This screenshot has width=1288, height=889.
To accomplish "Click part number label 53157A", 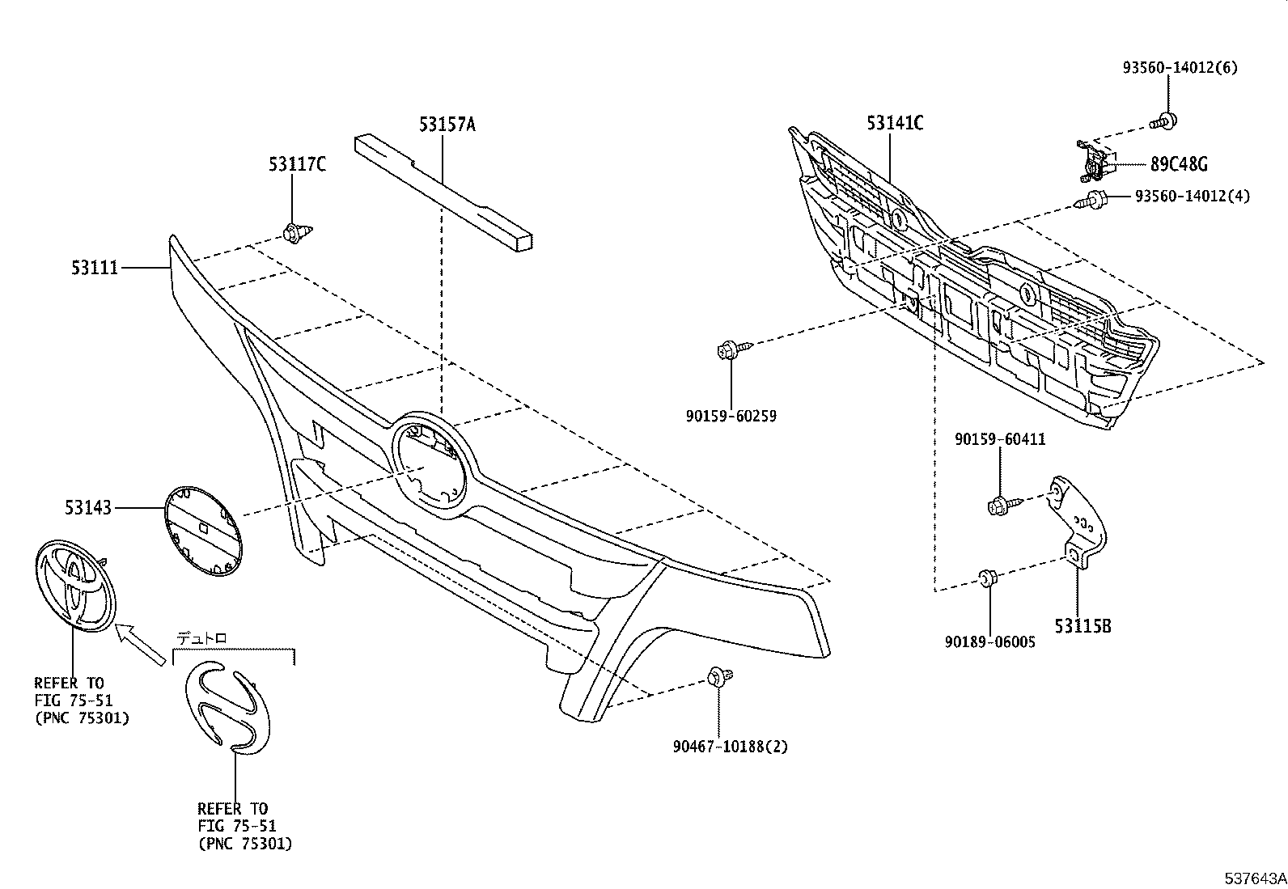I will pos(447,125).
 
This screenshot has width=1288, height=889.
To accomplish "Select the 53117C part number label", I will pos(297,165).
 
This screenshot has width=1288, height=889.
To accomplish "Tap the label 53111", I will pos(94,266).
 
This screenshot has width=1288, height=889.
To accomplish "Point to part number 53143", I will pos(88,507).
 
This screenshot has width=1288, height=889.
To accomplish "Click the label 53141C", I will pos(895,124).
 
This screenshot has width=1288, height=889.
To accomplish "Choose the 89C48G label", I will pos(1178,164).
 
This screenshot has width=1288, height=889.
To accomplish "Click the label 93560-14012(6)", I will pos(1179,68).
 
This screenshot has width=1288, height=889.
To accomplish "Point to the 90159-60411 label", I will pos(1000,439).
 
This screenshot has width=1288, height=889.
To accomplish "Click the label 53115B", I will pos(1082,625).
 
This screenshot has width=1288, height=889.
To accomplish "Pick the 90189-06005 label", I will pos(989,641).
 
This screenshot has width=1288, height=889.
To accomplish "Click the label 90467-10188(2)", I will pos(729,747).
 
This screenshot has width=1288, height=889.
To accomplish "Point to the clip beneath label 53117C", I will pos(293,233).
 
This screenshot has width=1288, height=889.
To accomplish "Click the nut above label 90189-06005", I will pos(987,578).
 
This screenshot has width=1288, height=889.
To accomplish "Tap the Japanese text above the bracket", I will pos(202,638).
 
